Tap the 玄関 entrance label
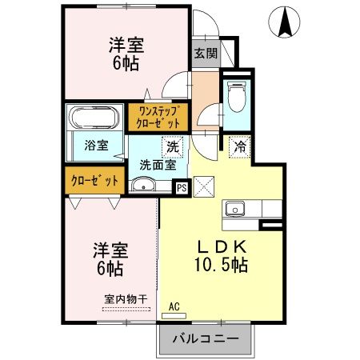tap(205, 54)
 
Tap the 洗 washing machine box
tap(174, 146)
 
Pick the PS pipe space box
tap(181, 188)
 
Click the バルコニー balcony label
tap(206, 338)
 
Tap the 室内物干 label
tap(126, 299)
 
